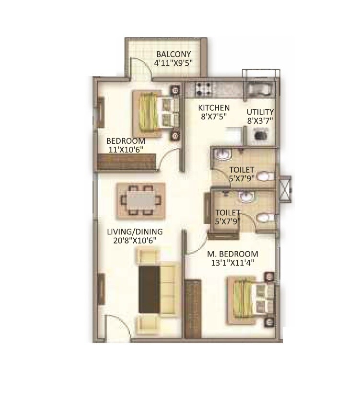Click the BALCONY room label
pos(173,54)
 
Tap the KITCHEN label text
pos(214,108)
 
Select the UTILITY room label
pos(260,112)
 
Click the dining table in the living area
pos(141,199)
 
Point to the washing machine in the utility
pos(259,137)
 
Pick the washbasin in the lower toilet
pos(245,197)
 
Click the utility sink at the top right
pos(259,89)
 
